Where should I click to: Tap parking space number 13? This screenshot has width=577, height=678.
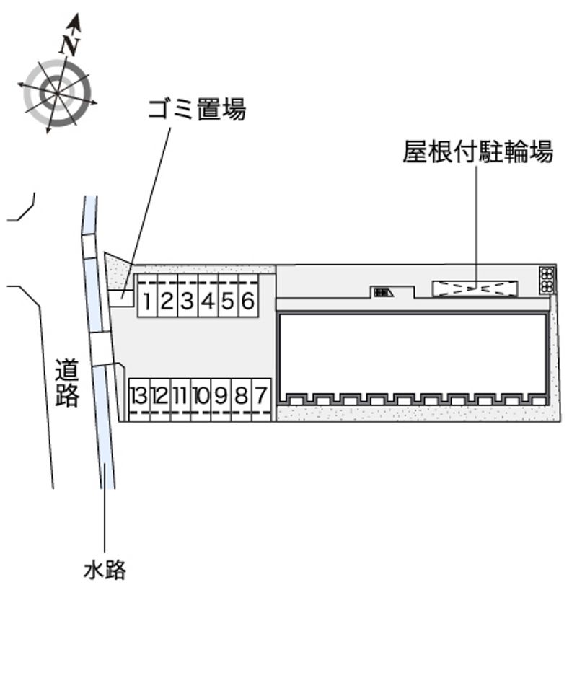pyautogui.click(x=139, y=395)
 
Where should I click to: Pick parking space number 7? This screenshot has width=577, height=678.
pyautogui.click(x=261, y=395)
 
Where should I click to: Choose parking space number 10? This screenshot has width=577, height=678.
pyautogui.click(x=201, y=395)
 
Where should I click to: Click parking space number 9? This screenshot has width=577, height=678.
pyautogui.click(x=221, y=395)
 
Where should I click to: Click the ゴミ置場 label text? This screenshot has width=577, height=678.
pyautogui.click(x=196, y=110)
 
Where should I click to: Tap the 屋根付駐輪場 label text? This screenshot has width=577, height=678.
pyautogui.click(x=477, y=152)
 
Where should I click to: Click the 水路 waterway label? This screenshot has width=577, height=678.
pyautogui.click(x=105, y=570)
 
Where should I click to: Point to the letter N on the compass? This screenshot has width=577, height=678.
pyautogui.click(x=70, y=45)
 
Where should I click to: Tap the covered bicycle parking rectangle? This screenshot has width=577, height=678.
pyautogui.click(x=475, y=289)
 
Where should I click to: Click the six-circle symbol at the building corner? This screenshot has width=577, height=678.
pyautogui.click(x=547, y=280)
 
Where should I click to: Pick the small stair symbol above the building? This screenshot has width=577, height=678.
pyautogui.click(x=382, y=292)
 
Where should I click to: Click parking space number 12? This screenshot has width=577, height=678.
pyautogui.click(x=159, y=395)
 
